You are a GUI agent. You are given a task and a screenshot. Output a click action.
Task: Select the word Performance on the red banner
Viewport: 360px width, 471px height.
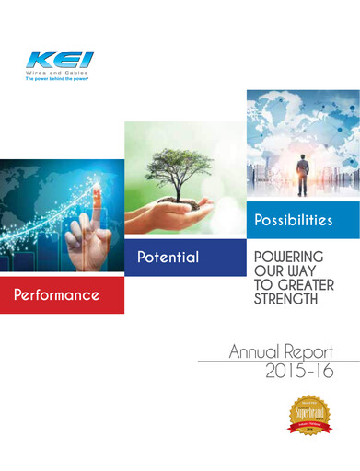pos(56,295)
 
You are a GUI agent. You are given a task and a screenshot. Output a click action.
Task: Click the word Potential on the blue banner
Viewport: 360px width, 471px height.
pos(168,258)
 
